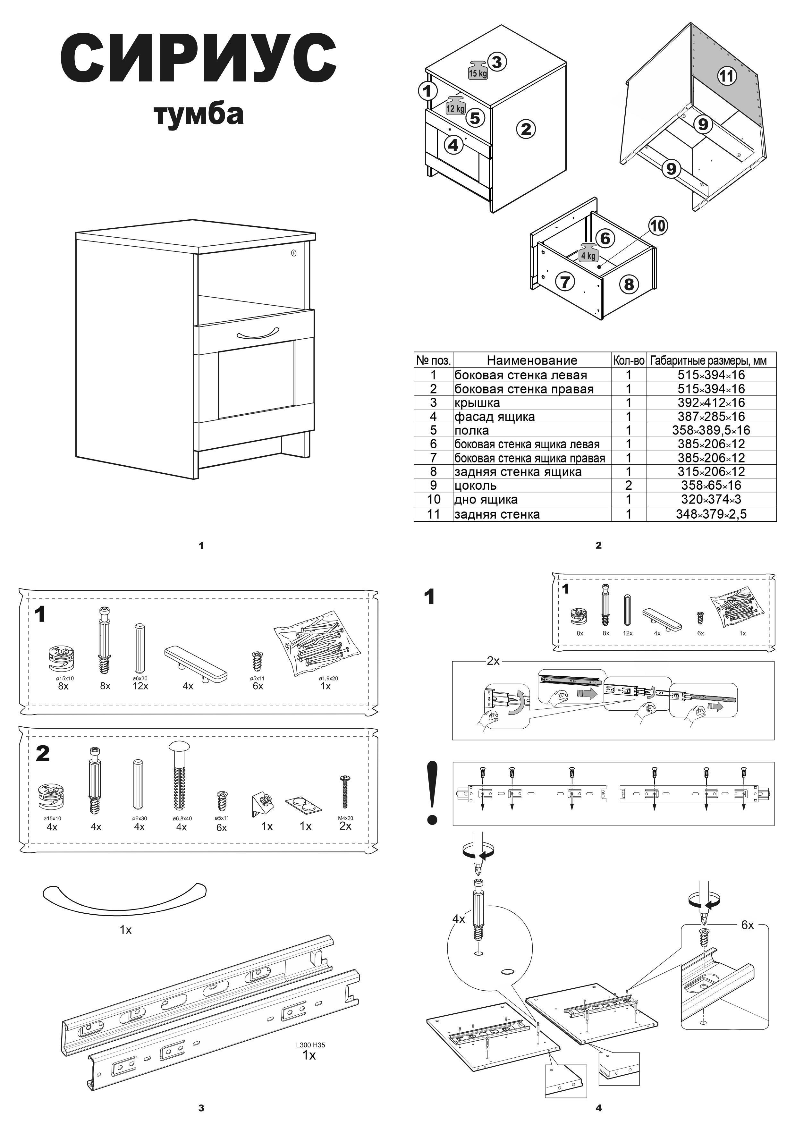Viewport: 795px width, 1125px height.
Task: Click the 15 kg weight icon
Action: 478,71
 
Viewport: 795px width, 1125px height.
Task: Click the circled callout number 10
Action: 658,226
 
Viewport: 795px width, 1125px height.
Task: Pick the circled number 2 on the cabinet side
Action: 526,129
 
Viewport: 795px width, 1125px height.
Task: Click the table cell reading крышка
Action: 477,403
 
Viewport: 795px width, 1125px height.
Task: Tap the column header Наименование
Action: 532,361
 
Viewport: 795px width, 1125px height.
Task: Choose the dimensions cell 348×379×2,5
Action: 711,514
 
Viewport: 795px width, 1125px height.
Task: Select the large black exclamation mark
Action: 432,793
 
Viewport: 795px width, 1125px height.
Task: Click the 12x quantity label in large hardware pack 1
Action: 140,686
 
